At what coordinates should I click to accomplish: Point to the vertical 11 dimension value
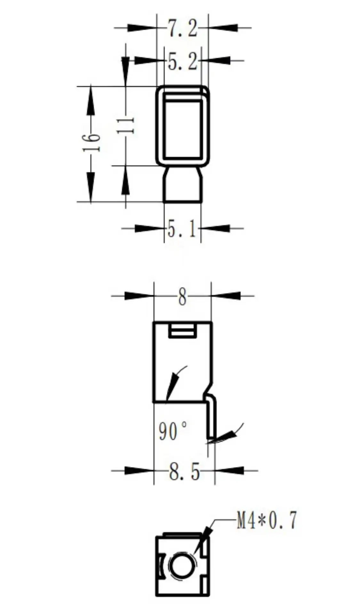(x=126, y=125)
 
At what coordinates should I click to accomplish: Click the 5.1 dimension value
(x=182, y=229)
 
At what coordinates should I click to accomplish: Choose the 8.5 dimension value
(x=184, y=472)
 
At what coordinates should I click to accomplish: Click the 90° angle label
(x=172, y=431)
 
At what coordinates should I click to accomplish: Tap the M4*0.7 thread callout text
(x=266, y=520)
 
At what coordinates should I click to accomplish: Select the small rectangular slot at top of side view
(x=182, y=330)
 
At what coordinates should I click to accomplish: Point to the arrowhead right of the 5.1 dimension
(x=216, y=228)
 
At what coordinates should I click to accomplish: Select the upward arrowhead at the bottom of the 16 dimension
(x=91, y=187)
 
